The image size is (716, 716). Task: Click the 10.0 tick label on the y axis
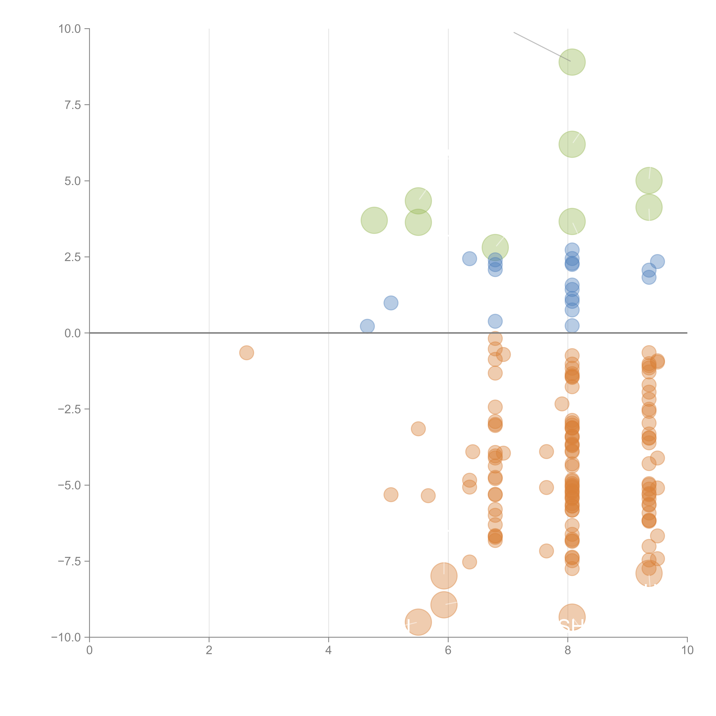[x=70, y=29]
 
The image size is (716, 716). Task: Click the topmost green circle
[x=572, y=62]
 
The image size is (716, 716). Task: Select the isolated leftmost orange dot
[x=246, y=353]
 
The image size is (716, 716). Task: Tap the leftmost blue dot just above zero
[x=367, y=326]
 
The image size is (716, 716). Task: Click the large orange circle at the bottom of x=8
[x=572, y=617]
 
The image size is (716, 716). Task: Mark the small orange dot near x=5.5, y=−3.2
[x=418, y=429]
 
